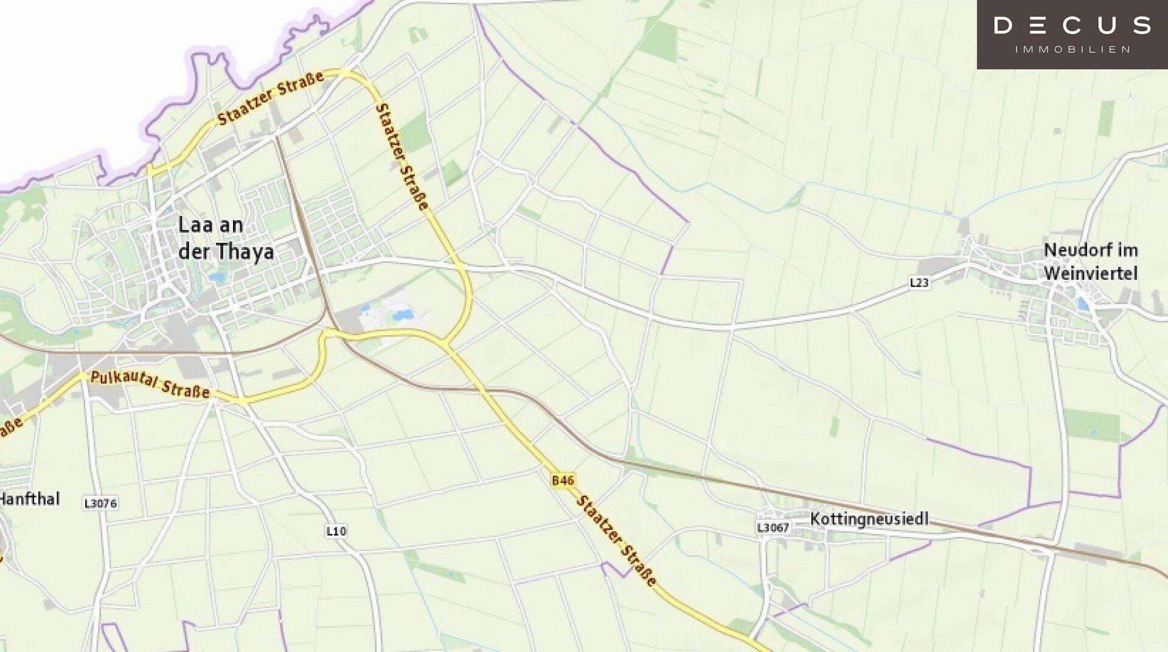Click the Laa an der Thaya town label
pyautogui.click(x=225, y=238)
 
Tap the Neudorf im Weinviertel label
pyautogui.click(x=1090, y=262)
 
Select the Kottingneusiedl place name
pyautogui.click(x=869, y=519)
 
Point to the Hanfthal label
pyautogui.click(x=29, y=499)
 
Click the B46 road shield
pyautogui.click(x=563, y=480)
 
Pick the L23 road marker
pyautogui.click(x=919, y=282)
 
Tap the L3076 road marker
pyautogui.click(x=100, y=503)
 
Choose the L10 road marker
pyautogui.click(x=336, y=531)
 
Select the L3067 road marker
pyautogui.click(x=773, y=527)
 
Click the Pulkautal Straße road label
pyautogui.click(x=150, y=384)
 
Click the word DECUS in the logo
pyautogui.click(x=1072, y=26)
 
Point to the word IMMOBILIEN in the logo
pyautogui.click(x=1072, y=49)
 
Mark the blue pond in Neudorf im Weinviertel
pyautogui.click(x=1082, y=303)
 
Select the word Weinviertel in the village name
pyautogui.click(x=1090, y=273)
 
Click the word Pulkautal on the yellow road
pyautogui.click(x=123, y=380)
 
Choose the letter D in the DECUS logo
pyautogui.click(x=1003, y=26)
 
